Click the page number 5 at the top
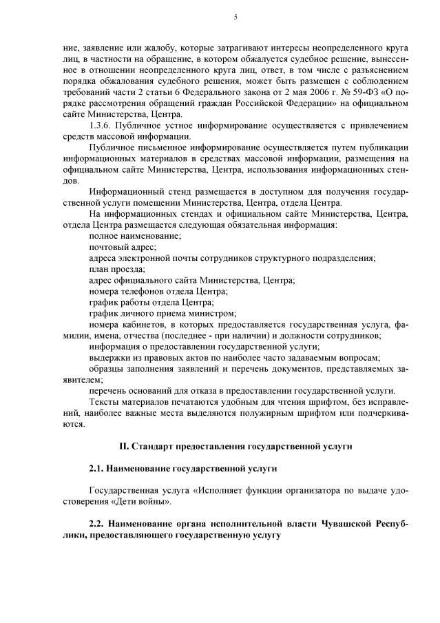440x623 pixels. tap(235, 18)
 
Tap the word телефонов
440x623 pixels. tap(149, 291)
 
